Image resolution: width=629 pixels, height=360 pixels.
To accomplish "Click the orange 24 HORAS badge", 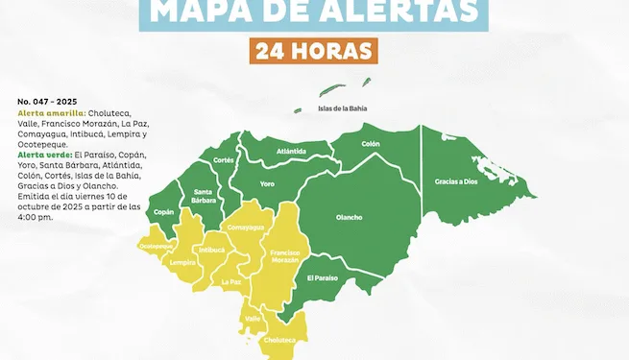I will (x=311, y=50).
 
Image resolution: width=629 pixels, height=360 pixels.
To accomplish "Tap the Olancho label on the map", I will (x=349, y=217).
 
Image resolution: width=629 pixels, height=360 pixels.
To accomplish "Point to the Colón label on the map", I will (x=371, y=144).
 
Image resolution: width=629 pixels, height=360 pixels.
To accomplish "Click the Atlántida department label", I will (x=291, y=151).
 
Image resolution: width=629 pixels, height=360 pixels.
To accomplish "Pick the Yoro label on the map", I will (x=268, y=182).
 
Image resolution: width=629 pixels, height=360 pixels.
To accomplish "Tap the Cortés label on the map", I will (x=224, y=159).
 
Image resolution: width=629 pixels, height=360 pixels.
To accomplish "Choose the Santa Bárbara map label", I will (x=204, y=196).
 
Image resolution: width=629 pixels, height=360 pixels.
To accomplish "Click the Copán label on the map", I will (x=164, y=211).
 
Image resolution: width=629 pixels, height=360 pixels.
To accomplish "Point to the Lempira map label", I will (x=182, y=261).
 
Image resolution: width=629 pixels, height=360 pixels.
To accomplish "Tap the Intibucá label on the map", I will (x=211, y=250).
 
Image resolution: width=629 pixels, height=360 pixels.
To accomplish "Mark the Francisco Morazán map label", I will (x=285, y=256).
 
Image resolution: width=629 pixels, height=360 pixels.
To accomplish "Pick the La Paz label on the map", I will (x=231, y=282).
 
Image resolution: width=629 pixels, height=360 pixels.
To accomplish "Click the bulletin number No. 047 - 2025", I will (x=47, y=100).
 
